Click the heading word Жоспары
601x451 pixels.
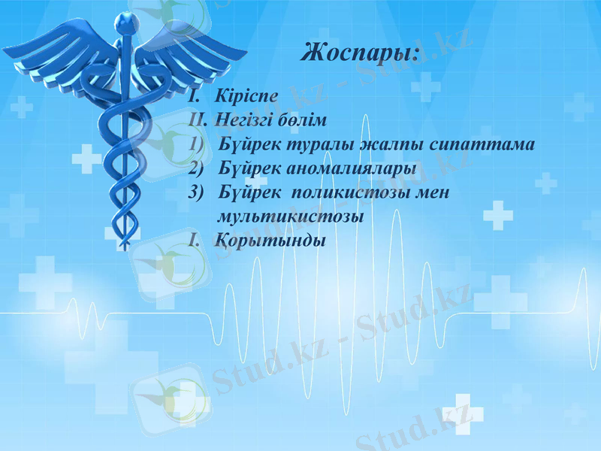coord(359,53)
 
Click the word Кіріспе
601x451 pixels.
coord(246,96)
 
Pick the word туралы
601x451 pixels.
coord(321,144)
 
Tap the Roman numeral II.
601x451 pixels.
coord(198,120)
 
